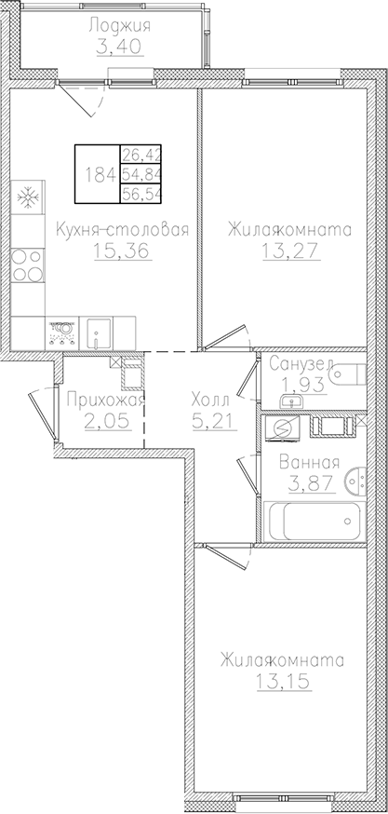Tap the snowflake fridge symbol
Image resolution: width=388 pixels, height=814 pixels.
point(27,197)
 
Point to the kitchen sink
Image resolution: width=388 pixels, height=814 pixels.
point(98,330)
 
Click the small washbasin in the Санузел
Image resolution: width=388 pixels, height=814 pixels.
point(292,401)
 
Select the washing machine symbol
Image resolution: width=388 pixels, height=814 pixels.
point(282,427)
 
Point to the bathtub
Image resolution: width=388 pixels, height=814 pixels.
point(313,518)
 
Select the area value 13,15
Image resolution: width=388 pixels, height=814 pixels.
point(281,681)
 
